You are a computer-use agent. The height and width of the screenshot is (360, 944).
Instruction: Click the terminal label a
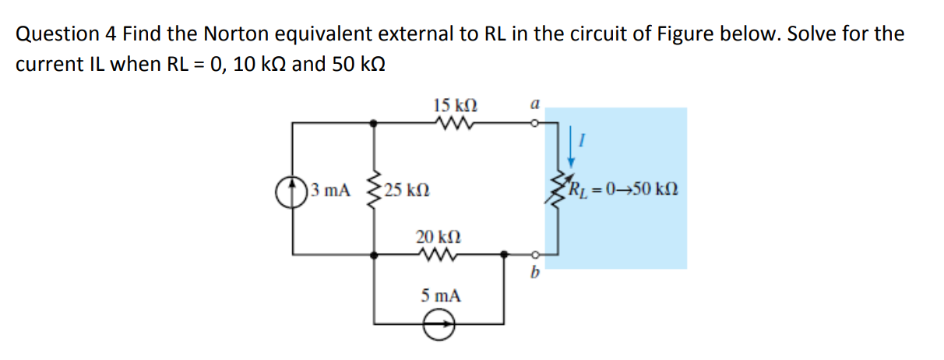click(x=534, y=102)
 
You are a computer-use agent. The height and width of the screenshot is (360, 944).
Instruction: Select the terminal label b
click(x=534, y=274)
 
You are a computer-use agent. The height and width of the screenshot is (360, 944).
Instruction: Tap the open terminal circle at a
click(x=534, y=122)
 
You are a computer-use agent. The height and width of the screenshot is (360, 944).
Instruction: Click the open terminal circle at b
click(x=534, y=253)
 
